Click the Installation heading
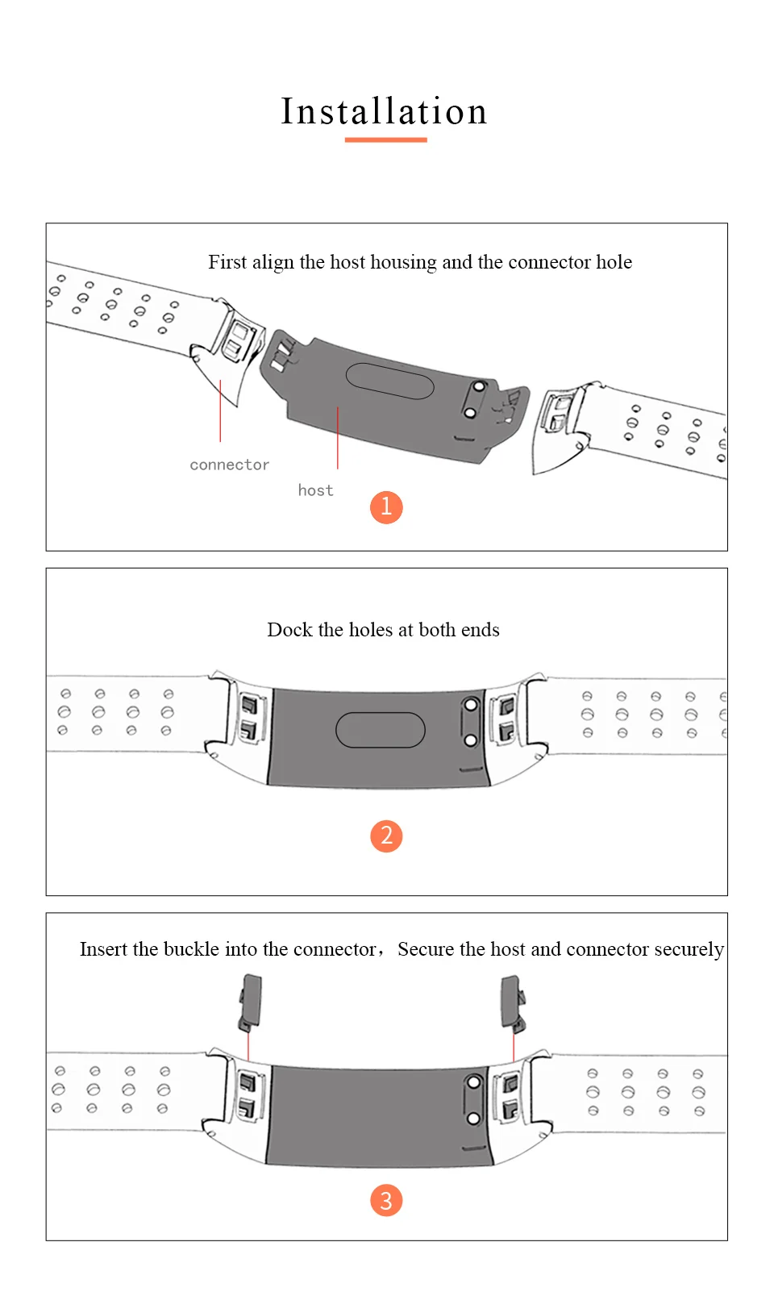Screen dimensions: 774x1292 coord(385,111)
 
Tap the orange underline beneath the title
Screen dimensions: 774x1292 coord(385,140)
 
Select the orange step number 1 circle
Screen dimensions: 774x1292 coord(386,507)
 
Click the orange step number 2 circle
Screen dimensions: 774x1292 coord(386,836)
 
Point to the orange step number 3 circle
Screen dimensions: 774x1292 coord(386,1200)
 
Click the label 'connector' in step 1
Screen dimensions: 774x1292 coord(229,465)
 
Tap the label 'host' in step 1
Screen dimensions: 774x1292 coord(315,490)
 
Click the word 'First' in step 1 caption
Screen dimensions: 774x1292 coord(227,262)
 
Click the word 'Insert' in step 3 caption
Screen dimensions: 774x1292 coord(103,949)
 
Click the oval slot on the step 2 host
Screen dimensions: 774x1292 coord(380,730)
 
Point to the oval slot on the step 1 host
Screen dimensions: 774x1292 coord(389,381)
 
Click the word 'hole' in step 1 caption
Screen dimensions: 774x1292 coord(614,262)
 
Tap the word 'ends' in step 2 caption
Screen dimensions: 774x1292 coord(481,630)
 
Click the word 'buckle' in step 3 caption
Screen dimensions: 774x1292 coord(185,949)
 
